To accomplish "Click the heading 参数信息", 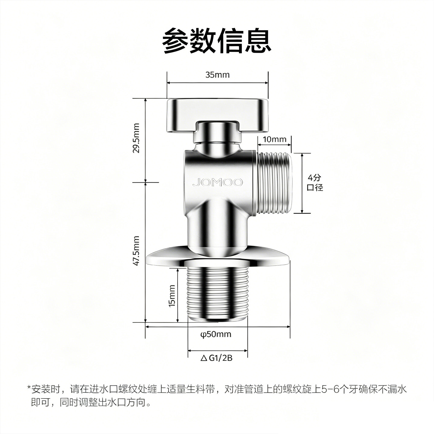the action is pos(217,41).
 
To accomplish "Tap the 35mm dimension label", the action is pos(218,75).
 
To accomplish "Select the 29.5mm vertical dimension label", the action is pos(136,138).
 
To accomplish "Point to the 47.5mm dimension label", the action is pos(136,251).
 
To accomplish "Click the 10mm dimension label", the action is pos(275,140).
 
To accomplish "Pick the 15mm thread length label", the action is pos(171,296).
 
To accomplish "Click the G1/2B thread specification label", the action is pos(221,364).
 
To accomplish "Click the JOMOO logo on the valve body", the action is pos(218,183).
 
